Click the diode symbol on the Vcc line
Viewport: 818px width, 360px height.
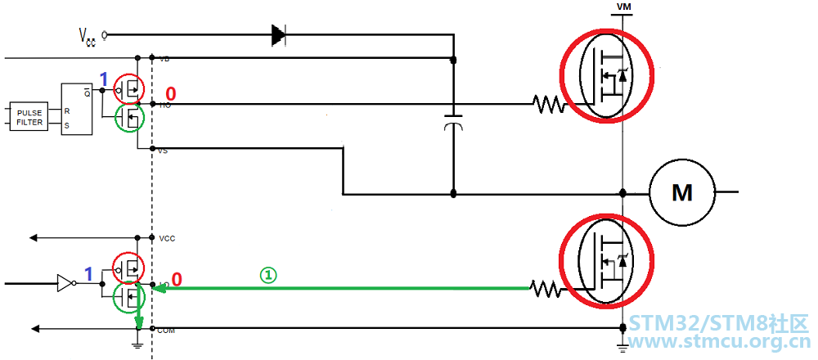click(x=278, y=34)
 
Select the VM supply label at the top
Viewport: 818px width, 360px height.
click(x=623, y=7)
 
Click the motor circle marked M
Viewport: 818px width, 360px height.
click(x=681, y=193)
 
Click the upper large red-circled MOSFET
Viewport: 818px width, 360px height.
click(x=606, y=75)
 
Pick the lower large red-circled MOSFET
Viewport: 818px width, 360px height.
click(x=606, y=261)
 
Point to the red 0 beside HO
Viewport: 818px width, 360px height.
click(x=171, y=94)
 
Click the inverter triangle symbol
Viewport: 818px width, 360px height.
click(x=64, y=284)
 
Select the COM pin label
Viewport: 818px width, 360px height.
click(x=166, y=330)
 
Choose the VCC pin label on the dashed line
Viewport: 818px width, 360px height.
click(x=167, y=238)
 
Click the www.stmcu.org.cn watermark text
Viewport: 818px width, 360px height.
click(x=719, y=343)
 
